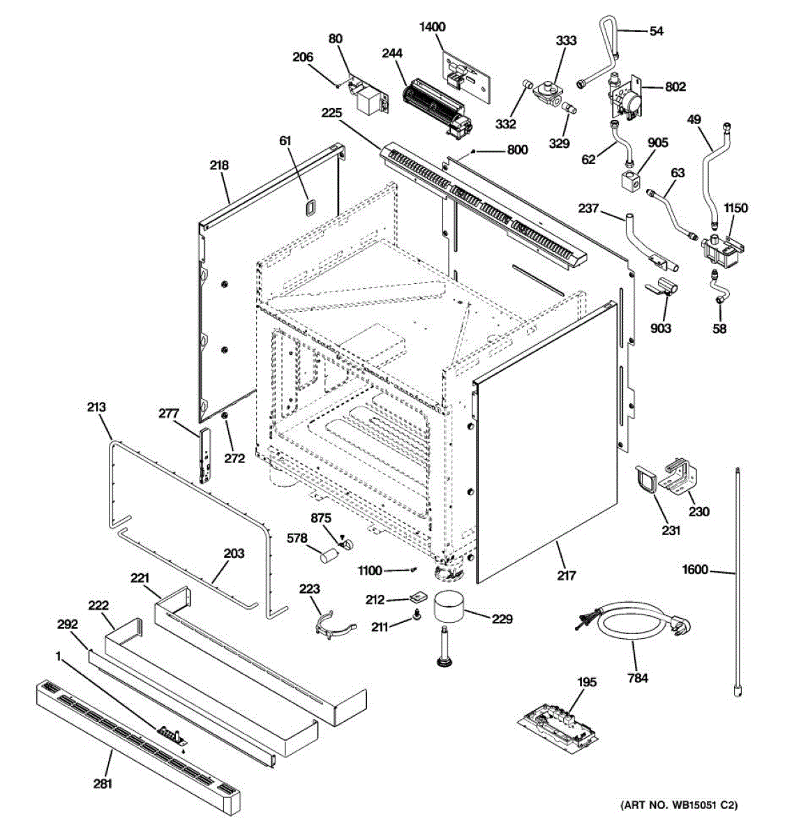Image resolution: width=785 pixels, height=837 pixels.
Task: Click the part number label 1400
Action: (x=432, y=27)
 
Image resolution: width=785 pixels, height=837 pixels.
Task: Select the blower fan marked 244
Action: (x=436, y=104)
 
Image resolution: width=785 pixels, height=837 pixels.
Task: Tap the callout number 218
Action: (x=218, y=165)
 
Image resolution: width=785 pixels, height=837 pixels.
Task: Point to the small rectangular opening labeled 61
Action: (x=308, y=206)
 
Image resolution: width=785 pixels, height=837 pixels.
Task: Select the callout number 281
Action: (x=102, y=784)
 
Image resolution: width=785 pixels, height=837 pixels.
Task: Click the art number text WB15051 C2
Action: (x=678, y=824)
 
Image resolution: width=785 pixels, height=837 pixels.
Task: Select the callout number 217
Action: (x=567, y=575)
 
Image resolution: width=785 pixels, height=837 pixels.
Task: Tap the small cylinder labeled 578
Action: (x=328, y=556)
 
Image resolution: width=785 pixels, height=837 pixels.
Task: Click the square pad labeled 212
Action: (x=419, y=596)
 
